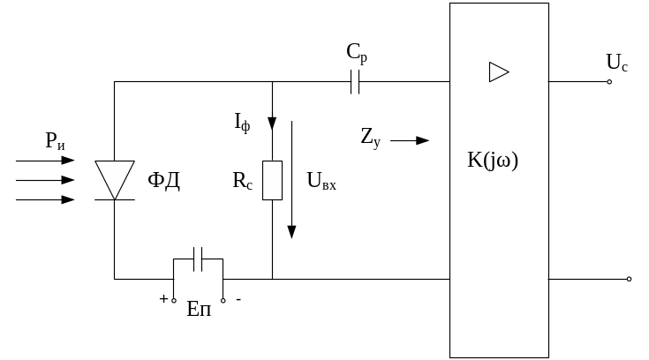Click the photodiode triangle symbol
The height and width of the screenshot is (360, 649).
click(115, 179)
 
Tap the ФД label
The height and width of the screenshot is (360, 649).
click(163, 182)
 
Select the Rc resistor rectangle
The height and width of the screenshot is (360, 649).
click(272, 180)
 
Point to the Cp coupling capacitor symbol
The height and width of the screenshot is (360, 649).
click(356, 83)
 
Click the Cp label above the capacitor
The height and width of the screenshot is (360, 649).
click(357, 54)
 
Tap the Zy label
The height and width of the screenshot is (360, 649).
click(370, 137)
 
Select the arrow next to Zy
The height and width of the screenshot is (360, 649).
click(410, 139)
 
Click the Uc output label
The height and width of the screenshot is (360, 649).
click(617, 63)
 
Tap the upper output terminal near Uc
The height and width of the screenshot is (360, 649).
click(609, 82)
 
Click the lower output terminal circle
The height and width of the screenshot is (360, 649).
click(629, 279)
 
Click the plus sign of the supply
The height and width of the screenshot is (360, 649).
click(163, 299)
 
